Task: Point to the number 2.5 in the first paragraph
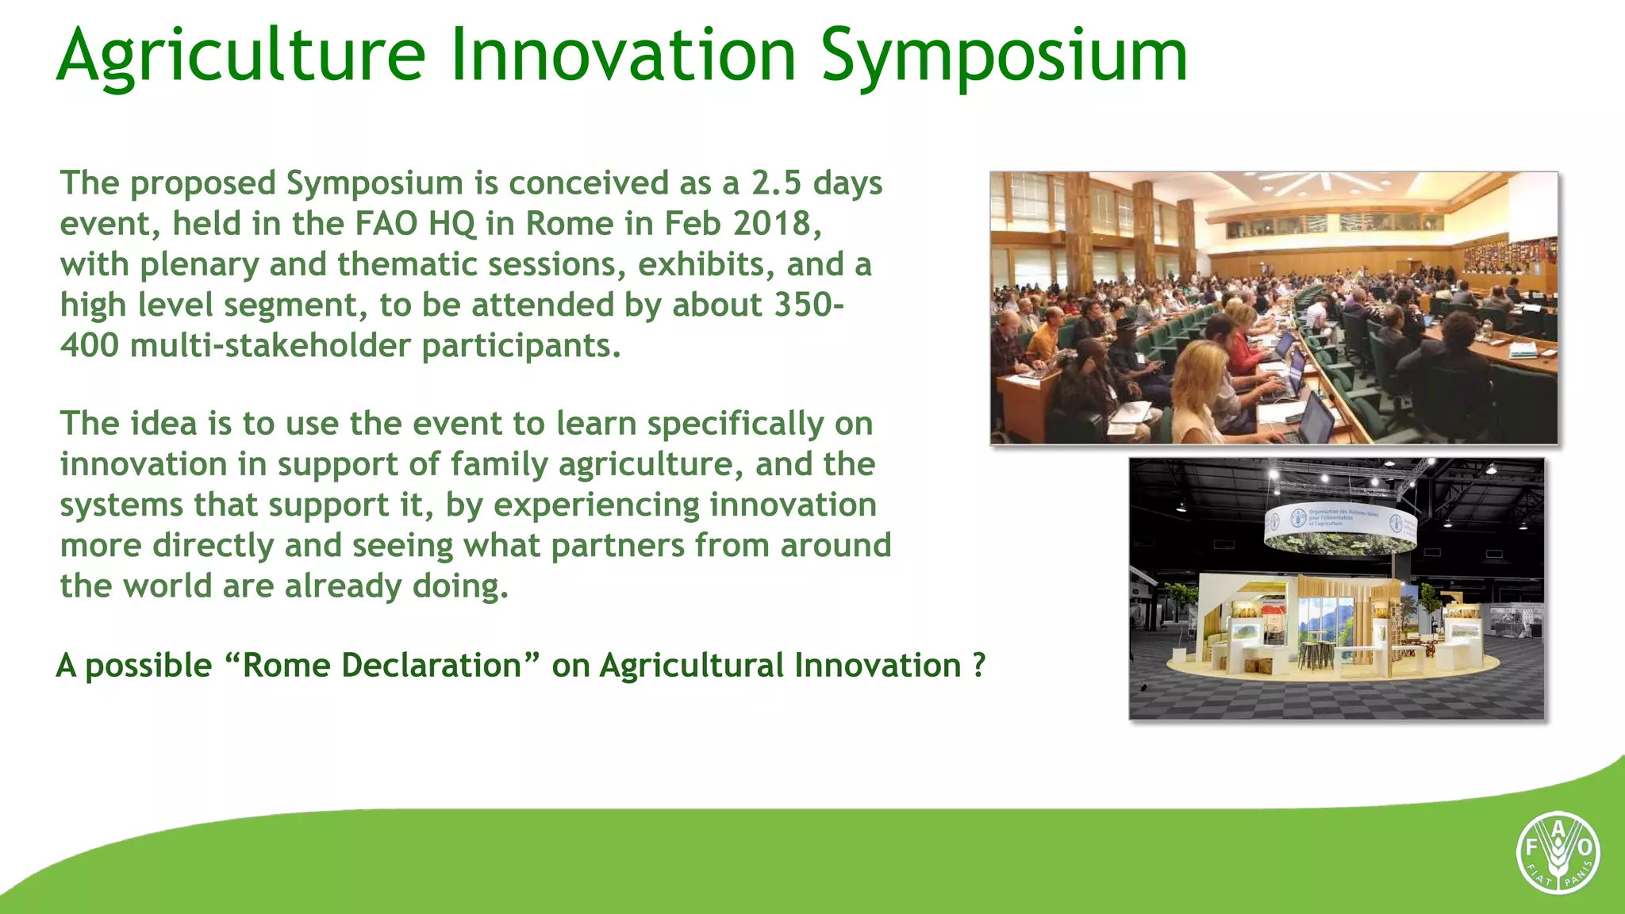click(x=777, y=183)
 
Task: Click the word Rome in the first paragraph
click(x=569, y=224)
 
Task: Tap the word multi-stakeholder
click(x=270, y=346)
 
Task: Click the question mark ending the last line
click(x=979, y=666)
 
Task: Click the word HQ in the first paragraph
click(x=451, y=224)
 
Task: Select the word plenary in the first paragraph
click(x=199, y=264)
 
